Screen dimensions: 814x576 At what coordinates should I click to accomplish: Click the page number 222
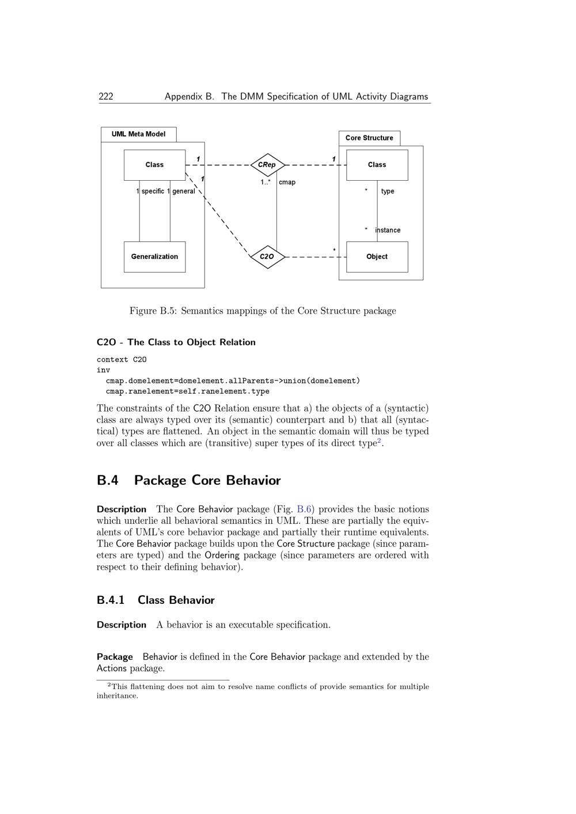point(106,97)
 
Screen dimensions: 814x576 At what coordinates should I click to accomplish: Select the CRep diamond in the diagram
point(267,165)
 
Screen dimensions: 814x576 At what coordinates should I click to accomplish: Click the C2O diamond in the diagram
point(267,257)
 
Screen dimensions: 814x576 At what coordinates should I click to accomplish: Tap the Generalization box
point(154,257)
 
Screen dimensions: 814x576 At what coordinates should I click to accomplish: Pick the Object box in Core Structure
point(377,257)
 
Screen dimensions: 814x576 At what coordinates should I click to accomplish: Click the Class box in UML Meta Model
point(154,165)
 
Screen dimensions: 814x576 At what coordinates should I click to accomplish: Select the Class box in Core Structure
point(377,165)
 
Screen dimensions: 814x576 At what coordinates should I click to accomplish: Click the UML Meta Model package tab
point(138,134)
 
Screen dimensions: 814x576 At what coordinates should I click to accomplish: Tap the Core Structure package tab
point(369,138)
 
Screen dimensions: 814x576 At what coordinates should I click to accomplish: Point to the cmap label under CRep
point(287,182)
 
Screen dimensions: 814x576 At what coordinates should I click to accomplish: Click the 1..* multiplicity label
point(265,182)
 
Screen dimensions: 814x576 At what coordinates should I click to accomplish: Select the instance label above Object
point(388,230)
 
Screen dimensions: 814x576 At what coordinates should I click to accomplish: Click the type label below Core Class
point(388,191)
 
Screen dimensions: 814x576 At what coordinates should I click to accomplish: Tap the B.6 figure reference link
point(304,509)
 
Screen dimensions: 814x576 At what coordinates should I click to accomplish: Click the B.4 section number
point(108,481)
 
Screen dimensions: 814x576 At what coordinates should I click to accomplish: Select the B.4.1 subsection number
point(111,600)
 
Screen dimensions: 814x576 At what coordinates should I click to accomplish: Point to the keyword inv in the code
point(103,370)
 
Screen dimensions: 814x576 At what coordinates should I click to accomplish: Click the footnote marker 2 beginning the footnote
point(109,684)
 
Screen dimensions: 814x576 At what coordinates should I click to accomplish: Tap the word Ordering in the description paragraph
point(222,556)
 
